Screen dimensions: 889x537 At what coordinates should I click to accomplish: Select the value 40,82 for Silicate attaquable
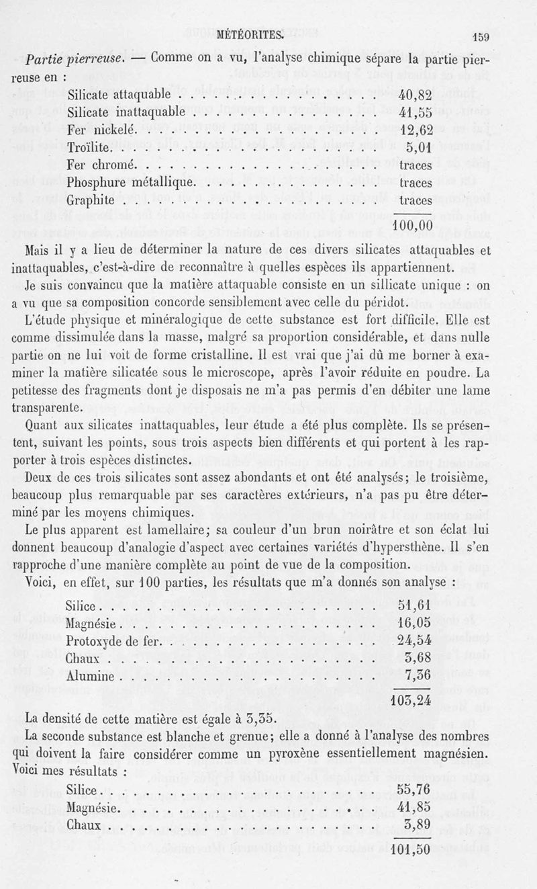[x=415, y=94]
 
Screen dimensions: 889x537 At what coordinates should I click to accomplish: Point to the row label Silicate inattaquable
[x=126, y=112]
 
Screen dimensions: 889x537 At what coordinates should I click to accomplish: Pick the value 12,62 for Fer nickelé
[x=415, y=130]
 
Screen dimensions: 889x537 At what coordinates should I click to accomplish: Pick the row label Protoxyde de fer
[x=113, y=640]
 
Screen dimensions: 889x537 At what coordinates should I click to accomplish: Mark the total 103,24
[x=411, y=700]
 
